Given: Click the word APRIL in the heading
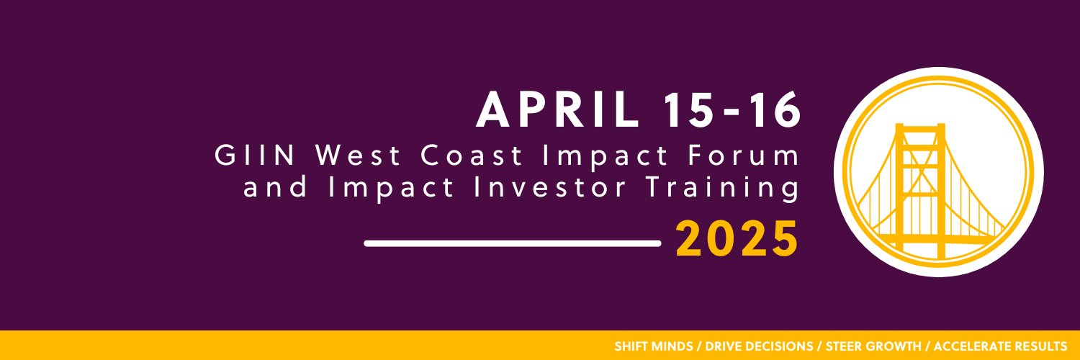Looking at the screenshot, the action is coord(557,110).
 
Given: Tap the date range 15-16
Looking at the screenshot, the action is coord(732,110).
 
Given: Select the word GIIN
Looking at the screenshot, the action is coord(255,156).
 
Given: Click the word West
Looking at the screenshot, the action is coord(358,156).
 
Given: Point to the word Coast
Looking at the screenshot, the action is coord(471,156).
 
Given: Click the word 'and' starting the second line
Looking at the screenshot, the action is coord(275,187).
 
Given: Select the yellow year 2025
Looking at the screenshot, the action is coord(737,239).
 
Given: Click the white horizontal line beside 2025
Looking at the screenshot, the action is coord(513,243).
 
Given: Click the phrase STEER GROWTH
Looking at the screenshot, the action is coord(873,346).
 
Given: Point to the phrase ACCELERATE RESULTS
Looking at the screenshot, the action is coord(1000,346).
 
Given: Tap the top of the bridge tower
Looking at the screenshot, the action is coord(920,126).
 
